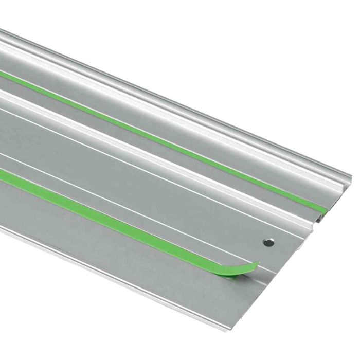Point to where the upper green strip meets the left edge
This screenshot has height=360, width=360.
pos(3,75)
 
